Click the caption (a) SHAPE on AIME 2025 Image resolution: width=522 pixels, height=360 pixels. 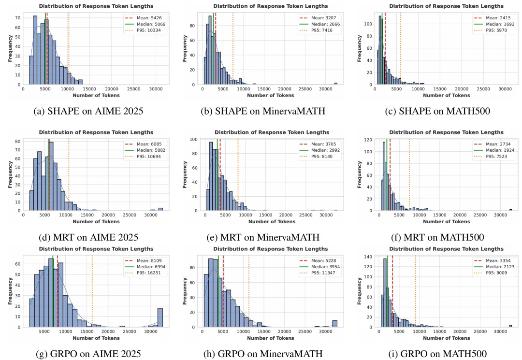88,111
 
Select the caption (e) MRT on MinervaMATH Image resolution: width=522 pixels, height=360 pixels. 263,237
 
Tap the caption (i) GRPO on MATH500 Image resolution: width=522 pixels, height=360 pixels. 437,354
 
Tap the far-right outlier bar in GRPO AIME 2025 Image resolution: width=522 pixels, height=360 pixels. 160,318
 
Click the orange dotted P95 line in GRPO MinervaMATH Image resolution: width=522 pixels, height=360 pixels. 249,291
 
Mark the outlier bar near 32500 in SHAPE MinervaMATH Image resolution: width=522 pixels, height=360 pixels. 336,84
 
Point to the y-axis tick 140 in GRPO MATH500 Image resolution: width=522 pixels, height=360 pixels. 368,257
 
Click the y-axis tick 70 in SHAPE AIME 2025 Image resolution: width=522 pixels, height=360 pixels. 18,18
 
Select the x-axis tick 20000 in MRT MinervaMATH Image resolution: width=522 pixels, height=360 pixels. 286,215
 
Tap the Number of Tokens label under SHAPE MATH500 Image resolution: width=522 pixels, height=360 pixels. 447,95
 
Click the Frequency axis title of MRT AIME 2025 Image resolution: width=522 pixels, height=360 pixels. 10,174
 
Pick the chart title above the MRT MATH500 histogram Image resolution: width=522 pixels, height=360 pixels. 447,132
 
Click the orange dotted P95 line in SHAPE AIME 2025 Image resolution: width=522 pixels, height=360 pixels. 69,49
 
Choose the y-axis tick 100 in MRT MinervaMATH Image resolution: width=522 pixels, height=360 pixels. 194,139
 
